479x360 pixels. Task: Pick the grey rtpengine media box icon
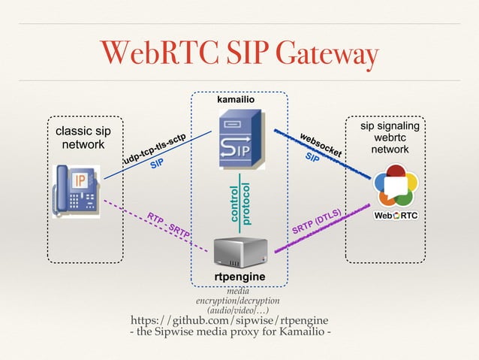(239, 252)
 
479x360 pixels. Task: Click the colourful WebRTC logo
(395, 187)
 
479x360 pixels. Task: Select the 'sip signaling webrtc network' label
(390, 138)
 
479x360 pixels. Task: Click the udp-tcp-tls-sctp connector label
(154, 149)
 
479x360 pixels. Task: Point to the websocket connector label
(321, 144)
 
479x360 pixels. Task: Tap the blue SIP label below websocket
(311, 159)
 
